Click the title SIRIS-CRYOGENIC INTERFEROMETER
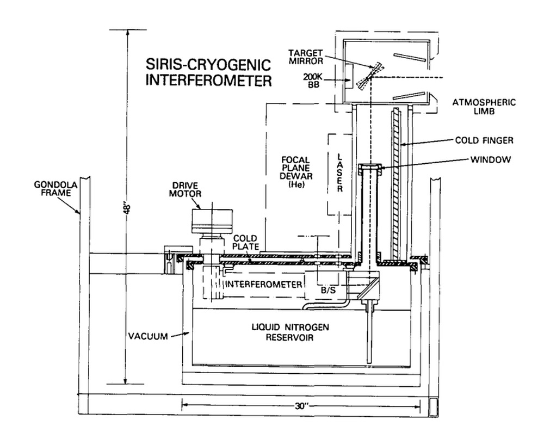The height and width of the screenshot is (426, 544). point(208,73)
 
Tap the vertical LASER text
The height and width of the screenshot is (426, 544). point(339,172)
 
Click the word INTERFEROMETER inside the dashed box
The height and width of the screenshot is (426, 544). point(264,284)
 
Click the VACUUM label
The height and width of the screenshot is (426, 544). point(148,336)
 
